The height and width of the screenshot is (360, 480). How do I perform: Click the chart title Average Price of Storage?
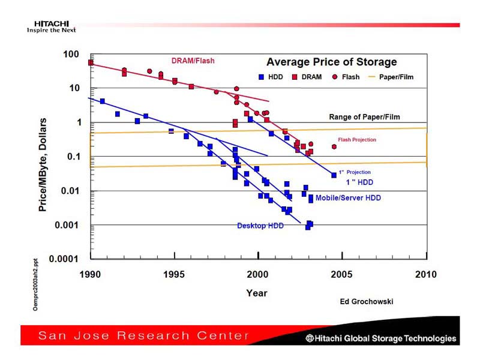point(331,62)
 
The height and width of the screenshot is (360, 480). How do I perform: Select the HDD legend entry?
point(270,77)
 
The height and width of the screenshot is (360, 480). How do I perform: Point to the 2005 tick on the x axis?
point(342,274)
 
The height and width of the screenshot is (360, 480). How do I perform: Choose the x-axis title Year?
point(257,293)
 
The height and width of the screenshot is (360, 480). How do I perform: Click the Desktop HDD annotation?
point(260,226)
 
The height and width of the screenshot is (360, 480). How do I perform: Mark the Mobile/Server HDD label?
point(348,198)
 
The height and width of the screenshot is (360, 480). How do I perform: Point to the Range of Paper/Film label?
point(364,117)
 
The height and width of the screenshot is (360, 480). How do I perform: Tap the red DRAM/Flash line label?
point(193,61)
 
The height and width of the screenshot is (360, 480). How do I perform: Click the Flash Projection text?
point(357,140)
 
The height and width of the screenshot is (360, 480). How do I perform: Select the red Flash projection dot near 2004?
point(334,146)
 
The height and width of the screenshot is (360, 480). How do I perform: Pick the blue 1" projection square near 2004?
point(334,175)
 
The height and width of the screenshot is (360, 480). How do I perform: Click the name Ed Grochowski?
point(366,302)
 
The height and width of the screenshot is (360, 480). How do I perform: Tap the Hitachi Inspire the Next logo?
point(47,26)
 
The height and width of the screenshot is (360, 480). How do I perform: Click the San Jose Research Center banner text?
point(144,335)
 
